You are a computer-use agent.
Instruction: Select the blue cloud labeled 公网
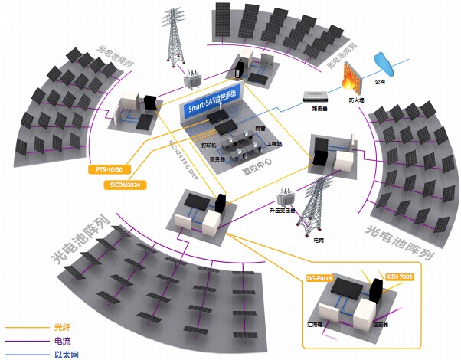pos(381,61)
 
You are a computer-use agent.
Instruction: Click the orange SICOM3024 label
pos(124,185)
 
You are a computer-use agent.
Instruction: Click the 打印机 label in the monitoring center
pos(210,143)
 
